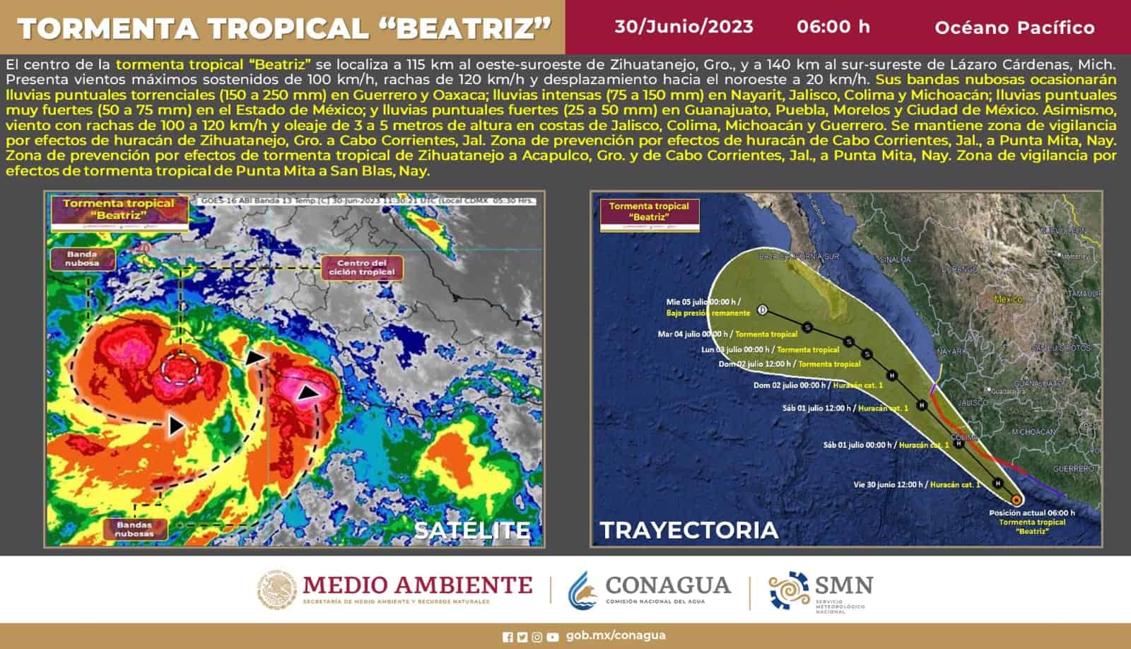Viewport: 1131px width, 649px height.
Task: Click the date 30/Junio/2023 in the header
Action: (x=684, y=27)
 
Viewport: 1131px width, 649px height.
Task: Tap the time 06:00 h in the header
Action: (x=833, y=27)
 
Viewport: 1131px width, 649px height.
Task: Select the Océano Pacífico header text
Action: (x=1014, y=28)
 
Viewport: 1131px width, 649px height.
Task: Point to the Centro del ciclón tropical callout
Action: (x=362, y=268)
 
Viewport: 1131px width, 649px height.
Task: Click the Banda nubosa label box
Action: (x=82, y=259)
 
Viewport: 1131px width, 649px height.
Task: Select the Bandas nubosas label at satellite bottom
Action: (x=134, y=529)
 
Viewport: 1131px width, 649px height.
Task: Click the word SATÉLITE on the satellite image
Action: (x=471, y=530)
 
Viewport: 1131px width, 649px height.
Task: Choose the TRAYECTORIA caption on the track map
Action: (x=688, y=530)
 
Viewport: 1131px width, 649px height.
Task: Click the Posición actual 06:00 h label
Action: (x=1032, y=513)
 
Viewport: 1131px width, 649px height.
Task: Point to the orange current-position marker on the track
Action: (x=1016, y=500)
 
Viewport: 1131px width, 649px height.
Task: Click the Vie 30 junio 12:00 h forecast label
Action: (x=889, y=484)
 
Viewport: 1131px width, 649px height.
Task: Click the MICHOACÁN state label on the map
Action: (x=1033, y=431)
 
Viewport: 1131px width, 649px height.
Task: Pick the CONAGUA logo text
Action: (x=668, y=585)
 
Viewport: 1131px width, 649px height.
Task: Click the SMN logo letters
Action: (x=844, y=585)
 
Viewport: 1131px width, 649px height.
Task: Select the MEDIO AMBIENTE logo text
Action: (x=417, y=585)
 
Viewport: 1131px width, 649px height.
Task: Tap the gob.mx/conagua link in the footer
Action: (x=616, y=636)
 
